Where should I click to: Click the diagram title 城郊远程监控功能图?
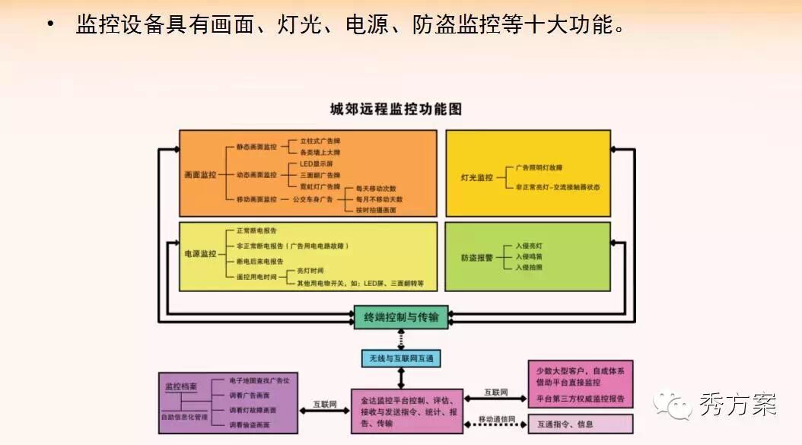click(396, 110)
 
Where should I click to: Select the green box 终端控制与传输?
click(401, 316)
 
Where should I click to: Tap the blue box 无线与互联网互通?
click(401, 358)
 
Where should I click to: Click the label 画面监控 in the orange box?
click(200, 175)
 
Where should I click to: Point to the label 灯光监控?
click(477, 176)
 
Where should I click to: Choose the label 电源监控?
click(200, 254)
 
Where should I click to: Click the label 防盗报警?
click(477, 257)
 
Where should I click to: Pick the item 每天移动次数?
click(371, 189)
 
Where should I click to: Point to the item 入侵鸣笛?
click(529, 257)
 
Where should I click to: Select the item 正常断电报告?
click(256, 230)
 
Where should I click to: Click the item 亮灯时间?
click(310, 271)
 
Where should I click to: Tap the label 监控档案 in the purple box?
click(180, 387)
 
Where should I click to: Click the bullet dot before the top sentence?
click(50, 25)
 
